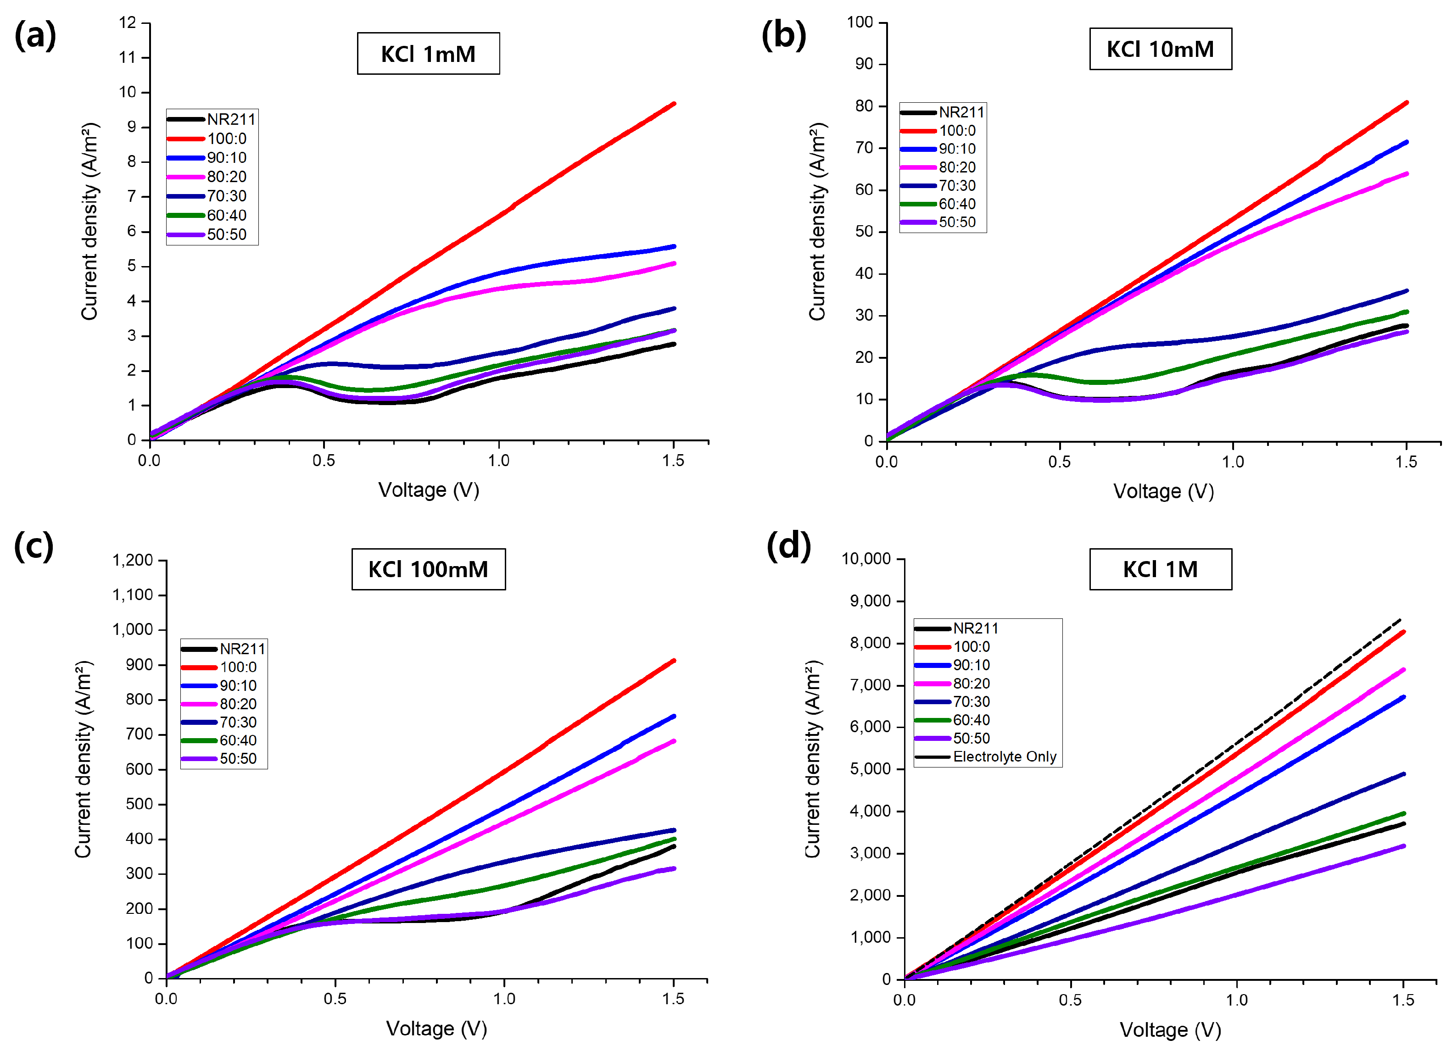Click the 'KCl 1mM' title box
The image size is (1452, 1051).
point(428,54)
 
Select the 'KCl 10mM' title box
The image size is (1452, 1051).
point(1160,49)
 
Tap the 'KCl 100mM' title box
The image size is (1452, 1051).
point(428,569)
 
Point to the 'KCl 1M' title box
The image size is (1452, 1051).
point(1160,569)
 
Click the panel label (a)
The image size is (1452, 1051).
point(35,35)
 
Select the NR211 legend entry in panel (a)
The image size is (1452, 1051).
point(230,119)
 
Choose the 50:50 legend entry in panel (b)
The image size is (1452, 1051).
point(957,222)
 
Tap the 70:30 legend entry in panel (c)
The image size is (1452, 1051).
point(238,722)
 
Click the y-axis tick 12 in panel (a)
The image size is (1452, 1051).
point(128,23)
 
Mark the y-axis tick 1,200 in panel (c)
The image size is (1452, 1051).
point(133,560)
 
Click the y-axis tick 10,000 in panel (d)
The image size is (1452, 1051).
point(866,559)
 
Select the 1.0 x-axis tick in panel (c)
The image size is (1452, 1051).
point(504,999)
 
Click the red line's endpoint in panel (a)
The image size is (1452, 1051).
point(674,103)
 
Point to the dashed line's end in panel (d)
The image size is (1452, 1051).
point(1400,620)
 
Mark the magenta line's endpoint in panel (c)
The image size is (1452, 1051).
point(674,741)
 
